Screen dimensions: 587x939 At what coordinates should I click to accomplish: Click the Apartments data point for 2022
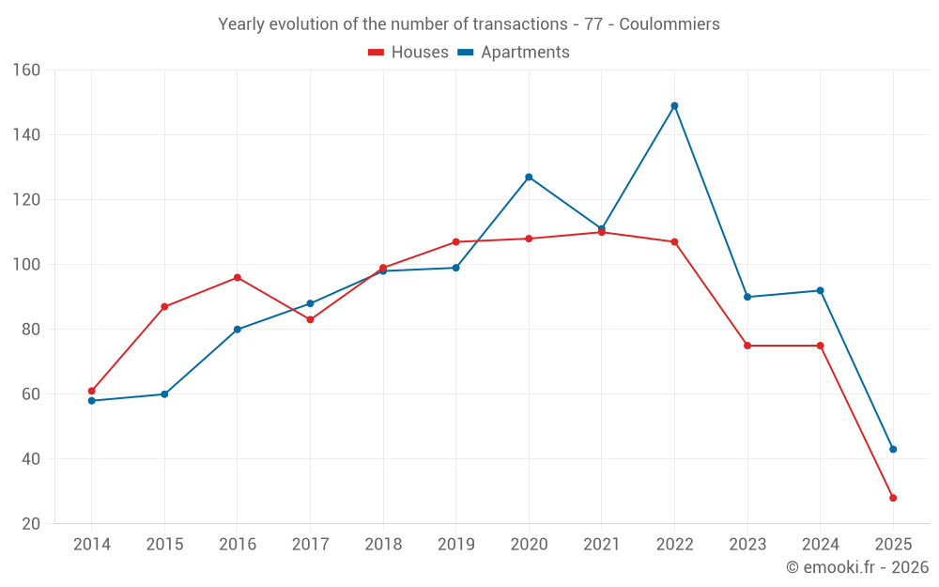point(674,106)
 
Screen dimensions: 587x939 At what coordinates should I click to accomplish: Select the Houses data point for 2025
point(893,498)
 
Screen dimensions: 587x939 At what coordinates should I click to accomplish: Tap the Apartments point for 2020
point(529,177)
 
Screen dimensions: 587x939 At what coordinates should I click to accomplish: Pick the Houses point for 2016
point(238,278)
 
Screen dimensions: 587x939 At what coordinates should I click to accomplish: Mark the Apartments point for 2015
point(164,394)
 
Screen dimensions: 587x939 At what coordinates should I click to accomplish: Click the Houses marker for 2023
point(747,346)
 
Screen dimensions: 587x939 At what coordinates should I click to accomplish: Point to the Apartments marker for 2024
point(820,290)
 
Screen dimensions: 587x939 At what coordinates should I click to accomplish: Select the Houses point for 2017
point(310,319)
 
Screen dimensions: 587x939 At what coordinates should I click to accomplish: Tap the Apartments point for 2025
point(893,449)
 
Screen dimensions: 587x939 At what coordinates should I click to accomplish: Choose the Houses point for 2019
point(456,242)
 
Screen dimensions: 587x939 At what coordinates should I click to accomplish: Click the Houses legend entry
point(408,53)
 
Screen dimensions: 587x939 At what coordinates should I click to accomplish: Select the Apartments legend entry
point(514,53)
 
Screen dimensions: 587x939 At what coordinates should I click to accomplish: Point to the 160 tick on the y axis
point(26,70)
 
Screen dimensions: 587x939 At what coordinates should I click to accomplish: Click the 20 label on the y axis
point(30,524)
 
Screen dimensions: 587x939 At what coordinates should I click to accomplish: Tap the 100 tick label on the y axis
point(26,265)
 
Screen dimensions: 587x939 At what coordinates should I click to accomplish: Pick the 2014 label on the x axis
point(91,545)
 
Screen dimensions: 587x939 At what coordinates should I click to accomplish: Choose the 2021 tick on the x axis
point(602,545)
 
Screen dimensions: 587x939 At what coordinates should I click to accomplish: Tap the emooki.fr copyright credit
point(857,567)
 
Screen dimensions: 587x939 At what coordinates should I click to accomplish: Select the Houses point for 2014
point(91,391)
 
